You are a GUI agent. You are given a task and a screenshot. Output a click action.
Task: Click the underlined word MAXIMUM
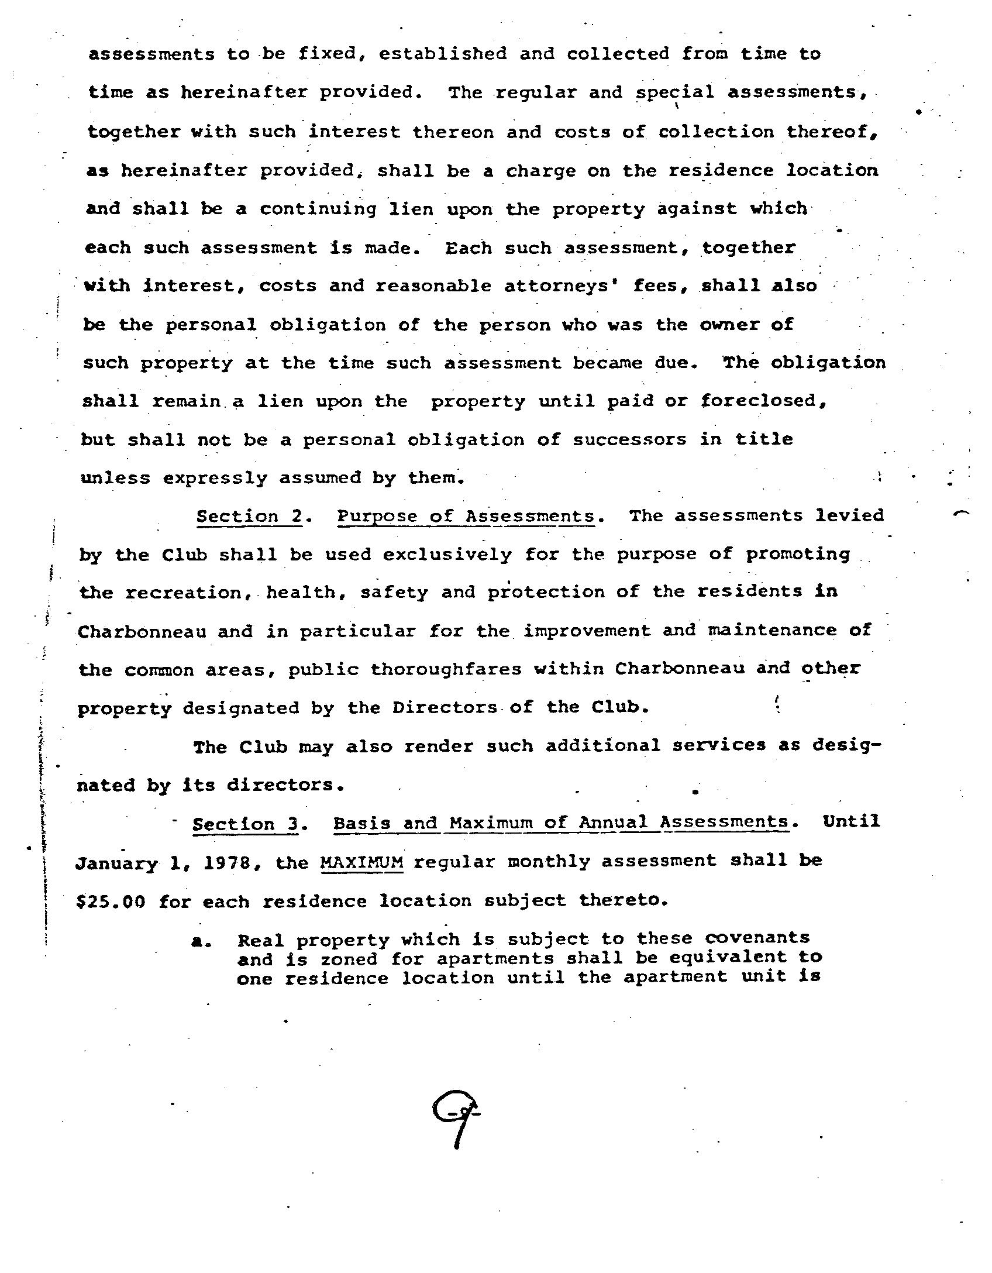click(x=362, y=862)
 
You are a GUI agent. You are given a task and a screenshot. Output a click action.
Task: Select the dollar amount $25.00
click(x=111, y=902)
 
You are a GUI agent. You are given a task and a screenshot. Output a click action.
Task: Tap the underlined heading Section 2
click(x=249, y=517)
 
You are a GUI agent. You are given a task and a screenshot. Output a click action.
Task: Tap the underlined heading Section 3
click(x=246, y=824)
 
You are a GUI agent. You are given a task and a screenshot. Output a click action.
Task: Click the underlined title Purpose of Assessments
click(x=466, y=517)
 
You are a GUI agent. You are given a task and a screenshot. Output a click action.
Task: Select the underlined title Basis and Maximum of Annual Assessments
click(x=561, y=823)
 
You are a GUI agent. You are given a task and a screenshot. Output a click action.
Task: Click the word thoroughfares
click(x=446, y=669)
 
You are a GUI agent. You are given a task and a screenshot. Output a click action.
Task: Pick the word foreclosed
click(x=763, y=401)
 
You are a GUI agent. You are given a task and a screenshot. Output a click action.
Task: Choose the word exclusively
click(x=447, y=554)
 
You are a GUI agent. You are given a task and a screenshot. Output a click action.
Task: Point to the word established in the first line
click(x=443, y=54)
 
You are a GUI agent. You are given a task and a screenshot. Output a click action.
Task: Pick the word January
click(x=117, y=863)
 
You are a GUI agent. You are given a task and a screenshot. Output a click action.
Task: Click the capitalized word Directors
click(x=445, y=707)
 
